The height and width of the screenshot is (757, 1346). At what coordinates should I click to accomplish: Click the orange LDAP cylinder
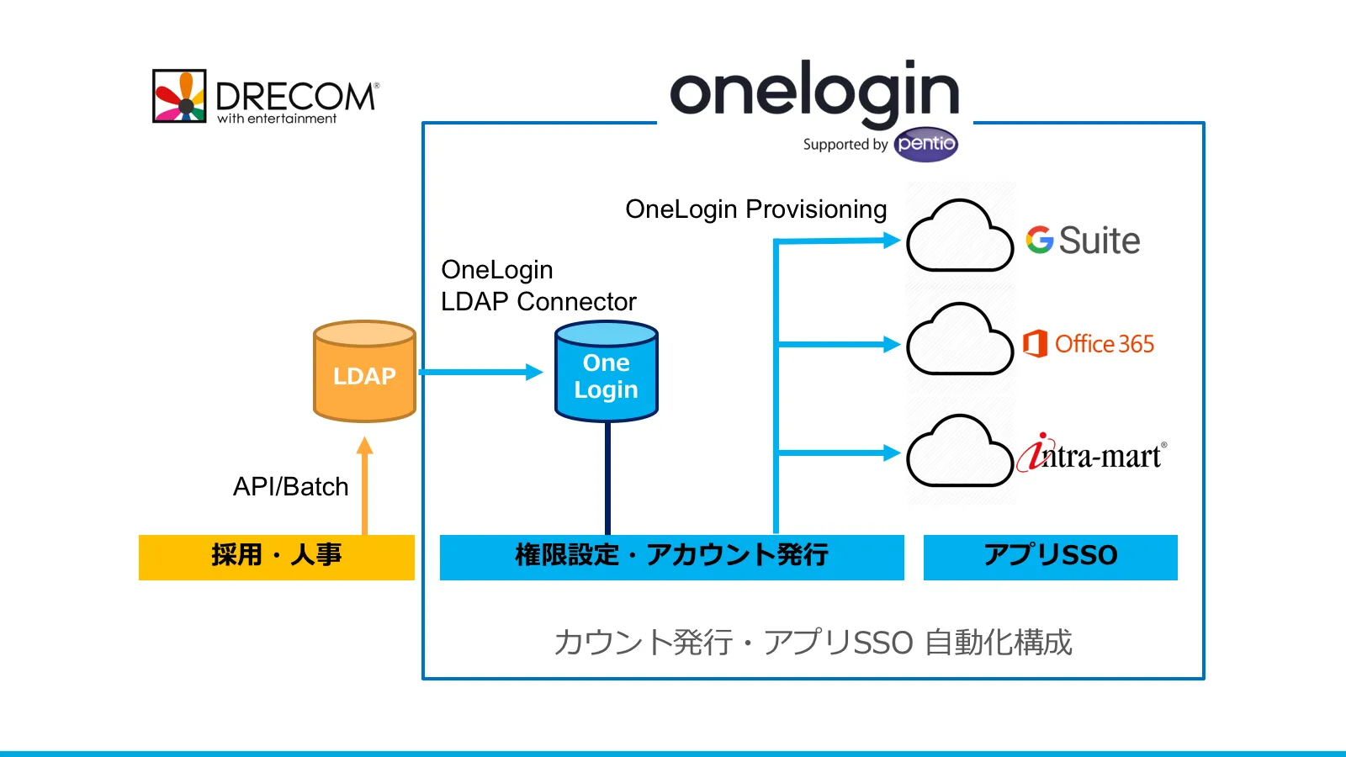click(x=364, y=371)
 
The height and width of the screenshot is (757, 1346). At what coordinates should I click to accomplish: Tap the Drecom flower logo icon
click(x=179, y=96)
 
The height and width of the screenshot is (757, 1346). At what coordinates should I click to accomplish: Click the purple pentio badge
click(x=925, y=144)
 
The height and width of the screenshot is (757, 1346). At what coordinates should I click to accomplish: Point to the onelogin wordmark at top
click(x=813, y=92)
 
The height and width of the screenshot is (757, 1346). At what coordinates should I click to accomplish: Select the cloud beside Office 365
click(x=959, y=341)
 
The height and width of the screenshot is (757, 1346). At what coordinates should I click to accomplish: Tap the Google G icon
click(x=1040, y=241)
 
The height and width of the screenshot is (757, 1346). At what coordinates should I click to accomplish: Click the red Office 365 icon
click(x=1035, y=344)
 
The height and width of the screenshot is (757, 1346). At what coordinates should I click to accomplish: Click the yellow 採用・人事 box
click(x=276, y=557)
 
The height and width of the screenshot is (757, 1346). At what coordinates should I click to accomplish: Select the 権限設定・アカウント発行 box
click(x=671, y=557)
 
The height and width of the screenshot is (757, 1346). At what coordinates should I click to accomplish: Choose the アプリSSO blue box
click(x=1050, y=557)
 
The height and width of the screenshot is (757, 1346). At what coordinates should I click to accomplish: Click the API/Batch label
click(x=290, y=487)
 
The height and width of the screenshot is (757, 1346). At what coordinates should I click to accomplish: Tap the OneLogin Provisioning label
click(x=755, y=209)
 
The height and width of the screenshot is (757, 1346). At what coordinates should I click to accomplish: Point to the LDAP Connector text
click(x=538, y=301)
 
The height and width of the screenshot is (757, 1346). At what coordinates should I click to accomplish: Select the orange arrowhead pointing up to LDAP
click(x=364, y=446)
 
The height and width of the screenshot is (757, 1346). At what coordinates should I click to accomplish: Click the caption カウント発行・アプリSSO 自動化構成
click(x=813, y=643)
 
